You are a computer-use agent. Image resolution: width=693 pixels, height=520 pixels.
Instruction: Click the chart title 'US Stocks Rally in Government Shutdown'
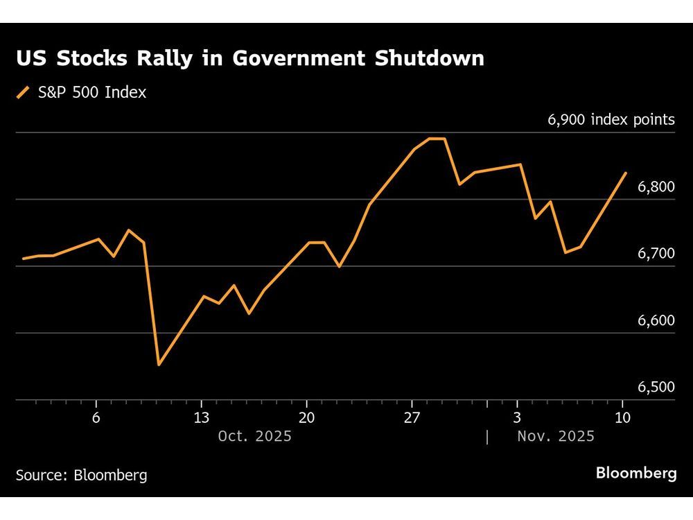(x=250, y=59)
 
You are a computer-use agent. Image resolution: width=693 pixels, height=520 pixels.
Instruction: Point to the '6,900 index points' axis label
(x=611, y=120)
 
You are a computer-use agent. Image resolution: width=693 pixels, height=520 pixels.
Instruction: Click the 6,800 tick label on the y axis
(x=655, y=187)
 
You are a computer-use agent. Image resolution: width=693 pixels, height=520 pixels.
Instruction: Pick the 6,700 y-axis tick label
(x=655, y=254)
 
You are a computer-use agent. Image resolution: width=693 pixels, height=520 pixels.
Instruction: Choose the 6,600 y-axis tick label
(x=655, y=321)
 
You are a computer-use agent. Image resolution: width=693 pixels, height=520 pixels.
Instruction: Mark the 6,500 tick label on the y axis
(x=655, y=388)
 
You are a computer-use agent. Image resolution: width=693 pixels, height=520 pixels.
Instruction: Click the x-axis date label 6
(x=96, y=417)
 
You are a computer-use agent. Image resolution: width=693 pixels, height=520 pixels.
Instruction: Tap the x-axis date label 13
(x=201, y=417)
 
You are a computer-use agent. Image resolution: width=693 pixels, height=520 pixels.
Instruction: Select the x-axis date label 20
(x=306, y=417)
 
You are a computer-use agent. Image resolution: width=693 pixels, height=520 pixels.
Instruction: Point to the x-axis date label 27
(x=412, y=417)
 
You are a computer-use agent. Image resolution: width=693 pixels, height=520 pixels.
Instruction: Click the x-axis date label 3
(x=518, y=417)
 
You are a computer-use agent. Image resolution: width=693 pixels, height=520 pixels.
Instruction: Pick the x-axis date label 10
(x=622, y=417)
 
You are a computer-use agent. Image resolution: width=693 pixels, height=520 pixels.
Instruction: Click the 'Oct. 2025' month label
(x=254, y=437)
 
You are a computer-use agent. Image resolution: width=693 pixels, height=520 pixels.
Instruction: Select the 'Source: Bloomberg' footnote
(x=81, y=476)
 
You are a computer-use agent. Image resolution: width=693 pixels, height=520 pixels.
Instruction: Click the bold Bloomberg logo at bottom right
(x=636, y=474)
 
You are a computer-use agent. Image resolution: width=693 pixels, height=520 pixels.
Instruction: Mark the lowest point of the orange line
(x=159, y=365)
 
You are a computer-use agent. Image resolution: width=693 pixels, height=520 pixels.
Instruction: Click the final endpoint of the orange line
(x=626, y=173)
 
